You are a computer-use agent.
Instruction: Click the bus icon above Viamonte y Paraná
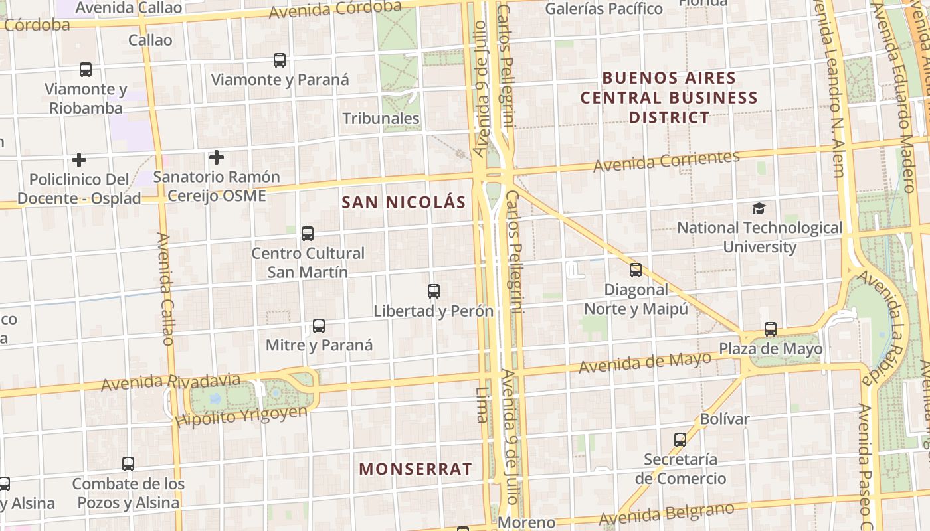(x=280, y=60)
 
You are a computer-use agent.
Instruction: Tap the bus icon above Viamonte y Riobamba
(x=86, y=69)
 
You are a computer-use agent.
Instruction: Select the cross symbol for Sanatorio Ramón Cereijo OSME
(x=216, y=157)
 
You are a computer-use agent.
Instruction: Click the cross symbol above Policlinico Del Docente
(x=79, y=159)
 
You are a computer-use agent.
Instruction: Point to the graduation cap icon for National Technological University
(x=759, y=208)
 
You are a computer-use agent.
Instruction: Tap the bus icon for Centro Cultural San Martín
(x=308, y=234)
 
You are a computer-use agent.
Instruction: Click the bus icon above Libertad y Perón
(x=434, y=291)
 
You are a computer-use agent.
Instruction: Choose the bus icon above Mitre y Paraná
(x=319, y=326)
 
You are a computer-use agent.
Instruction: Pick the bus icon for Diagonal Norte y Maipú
(x=636, y=270)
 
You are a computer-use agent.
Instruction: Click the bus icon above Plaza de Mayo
(x=771, y=329)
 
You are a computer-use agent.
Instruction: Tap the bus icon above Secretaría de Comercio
(x=680, y=439)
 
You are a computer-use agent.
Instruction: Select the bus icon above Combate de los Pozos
(x=128, y=464)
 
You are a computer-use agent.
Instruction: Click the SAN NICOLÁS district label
(x=404, y=202)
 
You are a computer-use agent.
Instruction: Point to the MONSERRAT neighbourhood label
(x=416, y=469)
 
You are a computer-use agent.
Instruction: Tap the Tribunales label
(x=381, y=119)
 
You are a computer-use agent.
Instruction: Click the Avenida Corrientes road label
(x=666, y=161)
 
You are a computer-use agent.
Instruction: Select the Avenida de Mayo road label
(x=645, y=363)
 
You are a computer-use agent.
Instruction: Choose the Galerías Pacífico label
(x=604, y=9)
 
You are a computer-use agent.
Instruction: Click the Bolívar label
(x=725, y=419)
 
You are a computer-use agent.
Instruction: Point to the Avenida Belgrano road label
(x=666, y=513)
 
